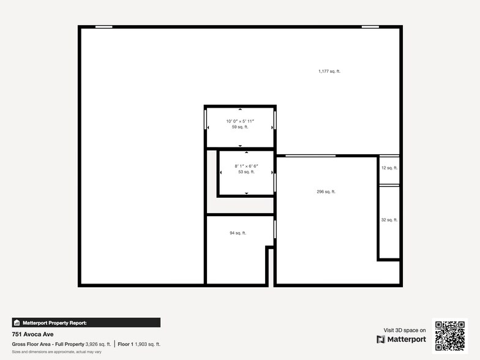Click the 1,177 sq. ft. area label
329,72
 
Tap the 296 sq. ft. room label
326,192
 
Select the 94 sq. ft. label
238,233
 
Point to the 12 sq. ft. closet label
389,168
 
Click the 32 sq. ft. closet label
389,220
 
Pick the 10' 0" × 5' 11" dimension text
240,121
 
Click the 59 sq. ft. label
240,127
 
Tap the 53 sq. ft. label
245,172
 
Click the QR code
450,336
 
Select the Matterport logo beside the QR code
401,339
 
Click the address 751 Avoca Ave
32,334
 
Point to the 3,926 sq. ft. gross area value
98,344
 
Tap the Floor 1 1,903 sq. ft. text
139,344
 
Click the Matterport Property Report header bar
86,323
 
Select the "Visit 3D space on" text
405,330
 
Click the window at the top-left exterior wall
104,27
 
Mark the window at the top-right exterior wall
370,27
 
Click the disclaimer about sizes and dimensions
56,352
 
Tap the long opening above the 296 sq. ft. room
310,156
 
